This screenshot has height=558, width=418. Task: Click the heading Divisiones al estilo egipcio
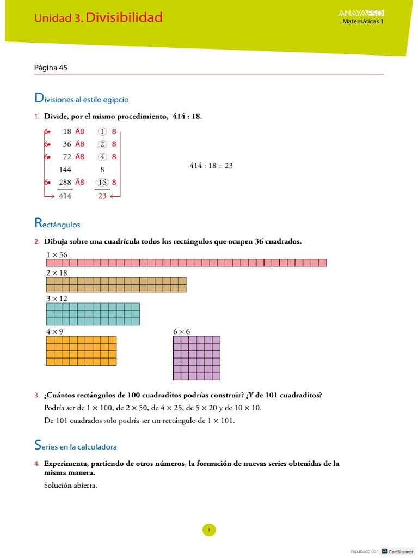click(x=82, y=99)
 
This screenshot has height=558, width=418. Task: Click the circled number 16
click(x=102, y=183)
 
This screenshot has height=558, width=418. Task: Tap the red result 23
click(x=102, y=196)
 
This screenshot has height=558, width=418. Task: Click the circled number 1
click(x=102, y=131)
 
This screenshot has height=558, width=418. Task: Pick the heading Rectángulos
click(x=57, y=223)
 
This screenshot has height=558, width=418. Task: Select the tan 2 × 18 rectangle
click(x=116, y=285)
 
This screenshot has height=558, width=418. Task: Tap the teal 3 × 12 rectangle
click(x=93, y=314)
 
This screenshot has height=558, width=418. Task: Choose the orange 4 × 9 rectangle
click(x=82, y=350)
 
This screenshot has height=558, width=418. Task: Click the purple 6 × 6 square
click(x=196, y=357)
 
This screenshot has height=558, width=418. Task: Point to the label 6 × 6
click(x=181, y=331)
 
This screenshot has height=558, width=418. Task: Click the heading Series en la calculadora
click(x=76, y=446)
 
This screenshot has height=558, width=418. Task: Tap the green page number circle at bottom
click(x=209, y=529)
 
